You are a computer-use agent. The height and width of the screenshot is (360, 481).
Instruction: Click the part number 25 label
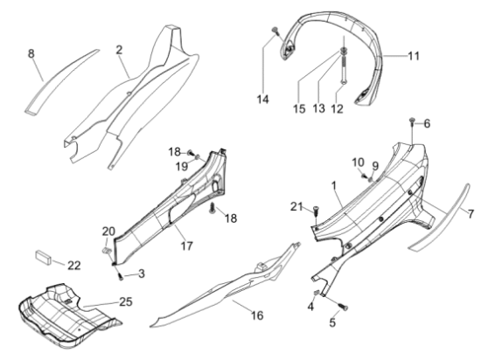[126, 301]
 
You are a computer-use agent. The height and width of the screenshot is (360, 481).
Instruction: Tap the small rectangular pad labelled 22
[43, 256]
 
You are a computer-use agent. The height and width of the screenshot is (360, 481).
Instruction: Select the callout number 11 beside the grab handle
[414, 56]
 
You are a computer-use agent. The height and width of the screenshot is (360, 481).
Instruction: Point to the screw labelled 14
[275, 30]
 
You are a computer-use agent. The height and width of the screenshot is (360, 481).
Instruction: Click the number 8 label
[31, 53]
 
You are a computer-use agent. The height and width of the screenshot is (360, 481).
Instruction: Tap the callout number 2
[119, 50]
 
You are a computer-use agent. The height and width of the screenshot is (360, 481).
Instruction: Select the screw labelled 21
[316, 211]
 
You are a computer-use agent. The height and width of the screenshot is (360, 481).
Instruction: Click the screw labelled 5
[344, 307]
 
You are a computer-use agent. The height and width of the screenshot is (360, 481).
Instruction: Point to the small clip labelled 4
[317, 293]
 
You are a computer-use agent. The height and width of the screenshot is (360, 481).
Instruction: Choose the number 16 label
[257, 315]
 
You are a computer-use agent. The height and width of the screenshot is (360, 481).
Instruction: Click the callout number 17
[187, 246]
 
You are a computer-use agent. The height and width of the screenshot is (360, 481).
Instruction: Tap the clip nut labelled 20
[106, 250]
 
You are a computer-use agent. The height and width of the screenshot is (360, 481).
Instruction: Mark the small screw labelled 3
[121, 277]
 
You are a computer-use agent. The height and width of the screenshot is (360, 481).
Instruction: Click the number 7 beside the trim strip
[471, 213]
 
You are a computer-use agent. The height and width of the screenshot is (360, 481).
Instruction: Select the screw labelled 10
[364, 176]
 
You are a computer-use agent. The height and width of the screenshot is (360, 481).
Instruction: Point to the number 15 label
[299, 108]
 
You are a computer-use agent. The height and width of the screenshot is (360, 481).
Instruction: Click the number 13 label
[319, 108]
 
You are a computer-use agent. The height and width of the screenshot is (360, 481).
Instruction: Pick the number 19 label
[182, 166]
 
